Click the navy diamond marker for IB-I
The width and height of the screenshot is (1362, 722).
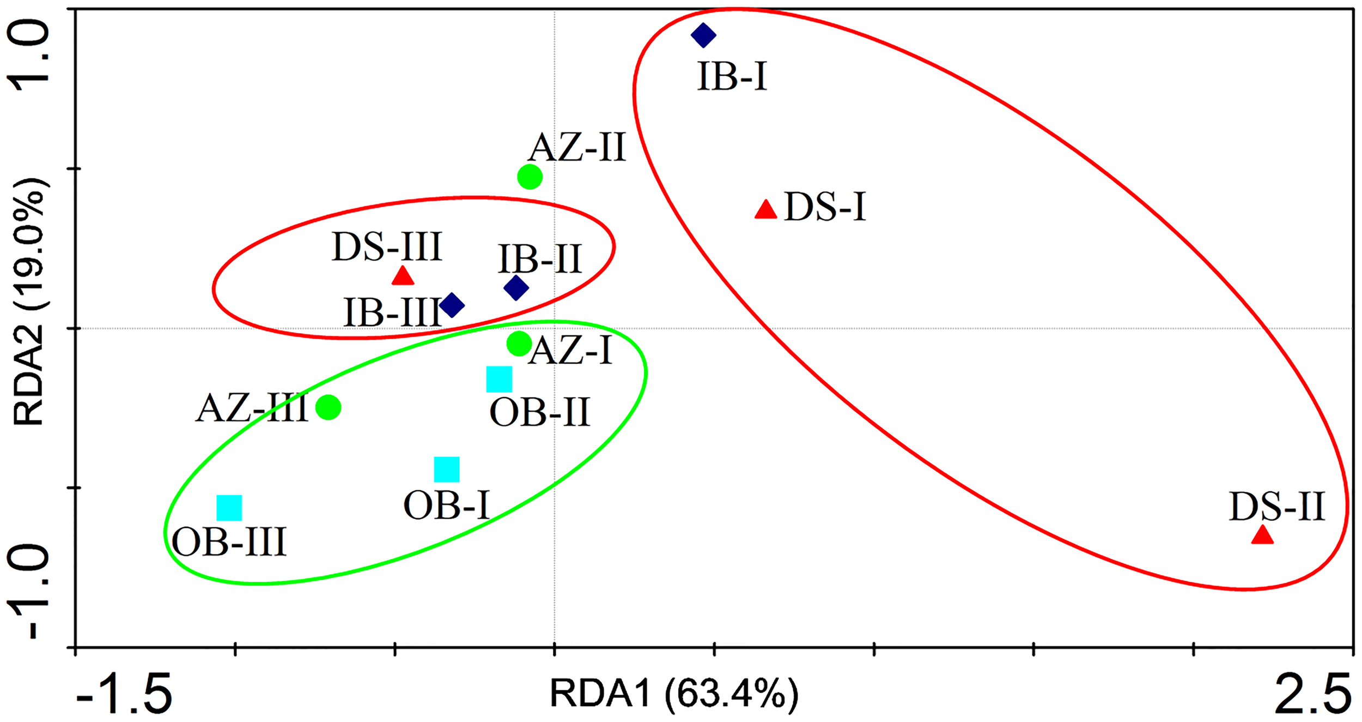coord(703,35)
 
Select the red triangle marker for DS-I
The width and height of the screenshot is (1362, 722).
coord(765,210)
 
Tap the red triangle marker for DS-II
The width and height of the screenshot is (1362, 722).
coord(1262,536)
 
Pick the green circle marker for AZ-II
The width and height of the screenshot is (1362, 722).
coord(530,177)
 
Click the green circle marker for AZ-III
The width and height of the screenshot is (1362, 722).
coord(329,407)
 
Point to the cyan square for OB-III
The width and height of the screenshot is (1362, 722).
coord(229,508)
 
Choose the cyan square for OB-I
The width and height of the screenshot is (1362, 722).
coord(447,470)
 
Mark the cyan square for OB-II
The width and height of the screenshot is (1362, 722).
coord(499,379)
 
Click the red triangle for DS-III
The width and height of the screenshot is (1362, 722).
coord(403,276)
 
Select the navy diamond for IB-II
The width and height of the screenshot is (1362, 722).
coord(516,287)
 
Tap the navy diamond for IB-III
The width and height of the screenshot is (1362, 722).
coord(452,305)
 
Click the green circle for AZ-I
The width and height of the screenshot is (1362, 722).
coord(519,344)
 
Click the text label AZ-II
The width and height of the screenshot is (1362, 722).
coord(577,148)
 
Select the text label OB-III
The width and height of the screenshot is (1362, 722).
coord(229,543)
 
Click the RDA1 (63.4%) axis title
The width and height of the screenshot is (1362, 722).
coord(674,694)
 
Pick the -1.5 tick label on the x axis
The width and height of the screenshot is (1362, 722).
coord(124,696)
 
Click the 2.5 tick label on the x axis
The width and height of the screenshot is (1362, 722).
coord(1312,695)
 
